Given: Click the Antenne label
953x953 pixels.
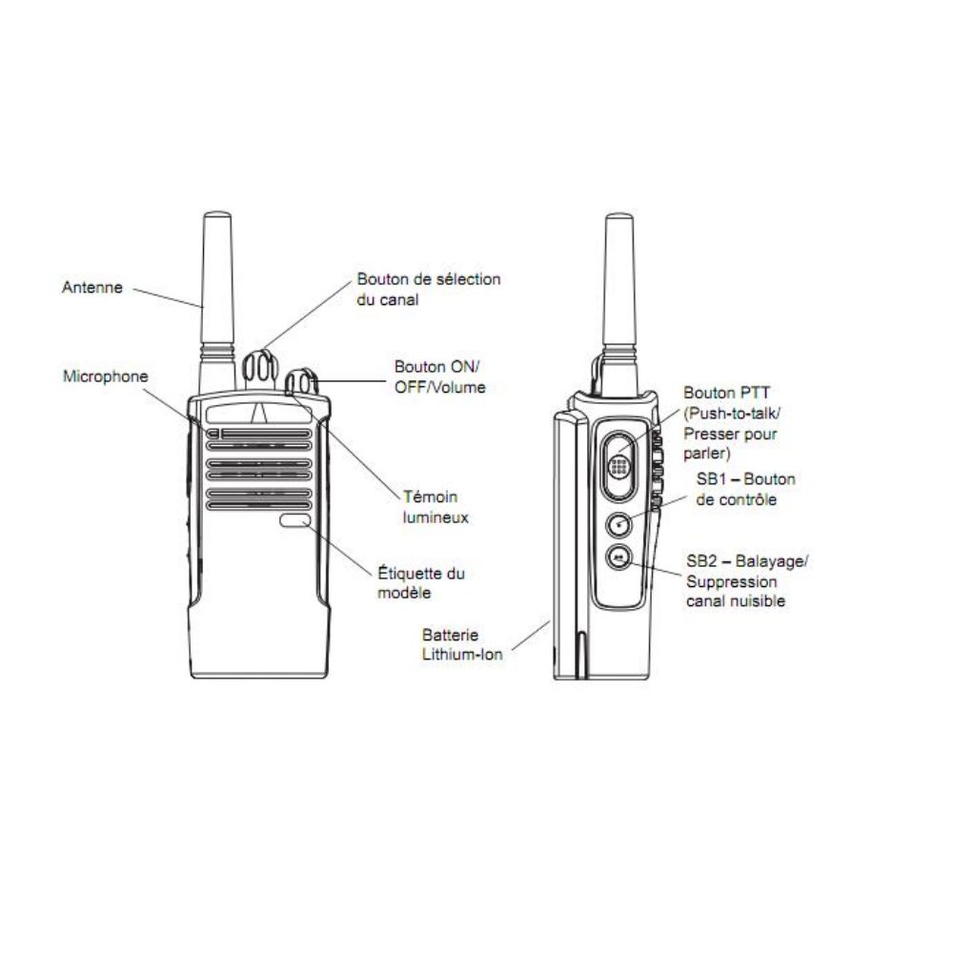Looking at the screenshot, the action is pyautogui.click(x=92, y=287).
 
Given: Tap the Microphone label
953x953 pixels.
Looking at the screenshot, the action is pyautogui.click(x=106, y=376).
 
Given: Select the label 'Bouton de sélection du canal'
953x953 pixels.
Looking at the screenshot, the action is pyautogui.click(x=429, y=290).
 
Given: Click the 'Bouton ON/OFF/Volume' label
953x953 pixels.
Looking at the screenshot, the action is pyautogui.click(x=440, y=376).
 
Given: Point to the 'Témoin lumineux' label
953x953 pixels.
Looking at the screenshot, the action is pyautogui.click(x=436, y=507).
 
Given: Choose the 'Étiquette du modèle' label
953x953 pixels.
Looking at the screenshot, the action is pyautogui.click(x=420, y=582).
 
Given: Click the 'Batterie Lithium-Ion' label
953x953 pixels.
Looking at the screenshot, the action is pyautogui.click(x=462, y=645).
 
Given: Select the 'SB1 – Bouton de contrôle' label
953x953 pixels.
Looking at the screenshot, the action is pyautogui.click(x=746, y=489).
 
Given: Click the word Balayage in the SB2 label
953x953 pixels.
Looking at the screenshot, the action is pyautogui.click(x=769, y=561).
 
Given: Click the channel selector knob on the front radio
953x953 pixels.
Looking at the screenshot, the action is pyautogui.click(x=260, y=369).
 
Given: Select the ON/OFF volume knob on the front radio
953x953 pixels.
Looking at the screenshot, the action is pyautogui.click(x=301, y=382).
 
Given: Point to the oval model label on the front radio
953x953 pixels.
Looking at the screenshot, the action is pyautogui.click(x=295, y=520).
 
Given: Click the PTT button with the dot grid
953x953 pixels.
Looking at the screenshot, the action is pyautogui.click(x=619, y=466).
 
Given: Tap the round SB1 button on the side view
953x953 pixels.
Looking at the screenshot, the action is pyautogui.click(x=618, y=525).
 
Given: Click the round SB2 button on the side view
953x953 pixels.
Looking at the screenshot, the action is pyautogui.click(x=618, y=558).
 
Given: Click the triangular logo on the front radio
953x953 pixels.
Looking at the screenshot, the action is pyautogui.click(x=259, y=413).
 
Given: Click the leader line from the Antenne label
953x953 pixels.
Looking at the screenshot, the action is pyautogui.click(x=167, y=297).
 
